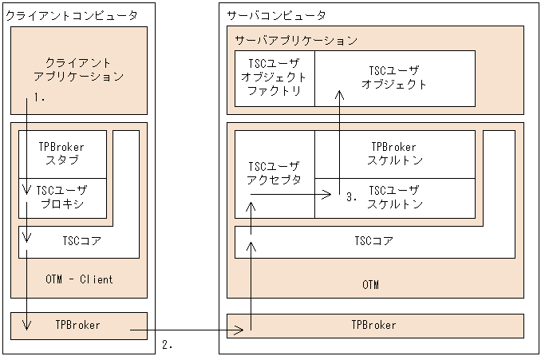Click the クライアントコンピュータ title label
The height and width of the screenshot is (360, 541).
click(72, 15)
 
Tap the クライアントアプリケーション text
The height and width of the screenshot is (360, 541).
click(79, 69)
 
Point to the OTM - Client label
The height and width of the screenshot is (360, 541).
click(79, 279)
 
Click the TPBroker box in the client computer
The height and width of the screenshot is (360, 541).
click(79, 325)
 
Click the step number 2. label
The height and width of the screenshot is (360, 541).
click(168, 345)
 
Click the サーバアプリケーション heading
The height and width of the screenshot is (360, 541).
click(295, 39)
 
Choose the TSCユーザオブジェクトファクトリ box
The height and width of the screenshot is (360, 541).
click(274, 78)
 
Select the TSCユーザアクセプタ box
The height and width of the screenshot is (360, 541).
click(274, 173)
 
